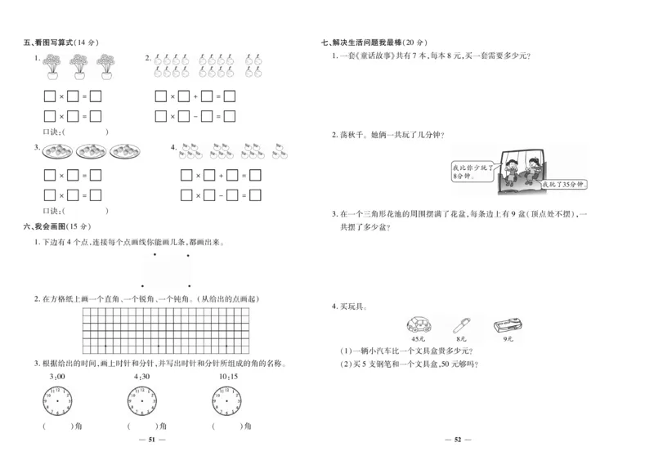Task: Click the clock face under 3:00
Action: click(x=57, y=400)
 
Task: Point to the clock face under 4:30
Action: click(x=142, y=400)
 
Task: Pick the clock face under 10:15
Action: click(x=228, y=400)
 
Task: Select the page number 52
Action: click(x=458, y=440)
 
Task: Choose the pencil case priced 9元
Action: click(x=507, y=325)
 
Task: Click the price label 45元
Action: click(x=419, y=338)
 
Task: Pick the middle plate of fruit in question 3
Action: click(x=92, y=151)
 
